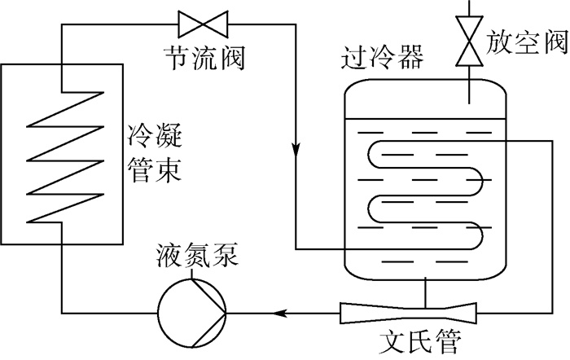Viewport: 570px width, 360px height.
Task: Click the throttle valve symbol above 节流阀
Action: (203, 24)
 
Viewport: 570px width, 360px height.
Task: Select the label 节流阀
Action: (204, 58)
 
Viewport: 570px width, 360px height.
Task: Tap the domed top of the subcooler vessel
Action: (424, 81)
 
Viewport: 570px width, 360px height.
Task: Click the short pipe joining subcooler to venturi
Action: (424, 290)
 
